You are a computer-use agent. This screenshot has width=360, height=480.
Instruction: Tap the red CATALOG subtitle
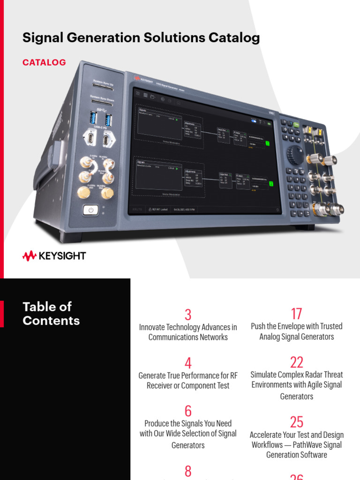click(x=44, y=62)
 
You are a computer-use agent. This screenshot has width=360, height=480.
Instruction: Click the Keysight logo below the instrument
click(x=54, y=256)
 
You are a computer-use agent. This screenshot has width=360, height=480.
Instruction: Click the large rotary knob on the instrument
click(x=294, y=155)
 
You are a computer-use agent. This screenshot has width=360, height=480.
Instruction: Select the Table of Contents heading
click(x=51, y=314)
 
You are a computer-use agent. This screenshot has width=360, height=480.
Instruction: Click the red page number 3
click(x=188, y=315)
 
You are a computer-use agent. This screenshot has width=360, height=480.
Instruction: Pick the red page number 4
click(x=188, y=363)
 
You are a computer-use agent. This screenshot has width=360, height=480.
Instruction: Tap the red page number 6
click(x=188, y=411)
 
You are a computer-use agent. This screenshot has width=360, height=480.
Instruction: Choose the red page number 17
click(x=296, y=314)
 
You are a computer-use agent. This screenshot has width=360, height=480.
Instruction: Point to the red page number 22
click(x=296, y=362)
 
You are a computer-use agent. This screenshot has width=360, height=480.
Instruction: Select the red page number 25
click(x=296, y=422)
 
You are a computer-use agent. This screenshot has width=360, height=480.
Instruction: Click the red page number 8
click(x=188, y=471)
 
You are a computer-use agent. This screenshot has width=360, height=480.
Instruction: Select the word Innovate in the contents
click(x=153, y=327)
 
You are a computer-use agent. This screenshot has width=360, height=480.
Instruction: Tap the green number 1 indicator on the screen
click(x=268, y=143)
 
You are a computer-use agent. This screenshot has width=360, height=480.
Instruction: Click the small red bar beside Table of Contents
click(x=2, y=314)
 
